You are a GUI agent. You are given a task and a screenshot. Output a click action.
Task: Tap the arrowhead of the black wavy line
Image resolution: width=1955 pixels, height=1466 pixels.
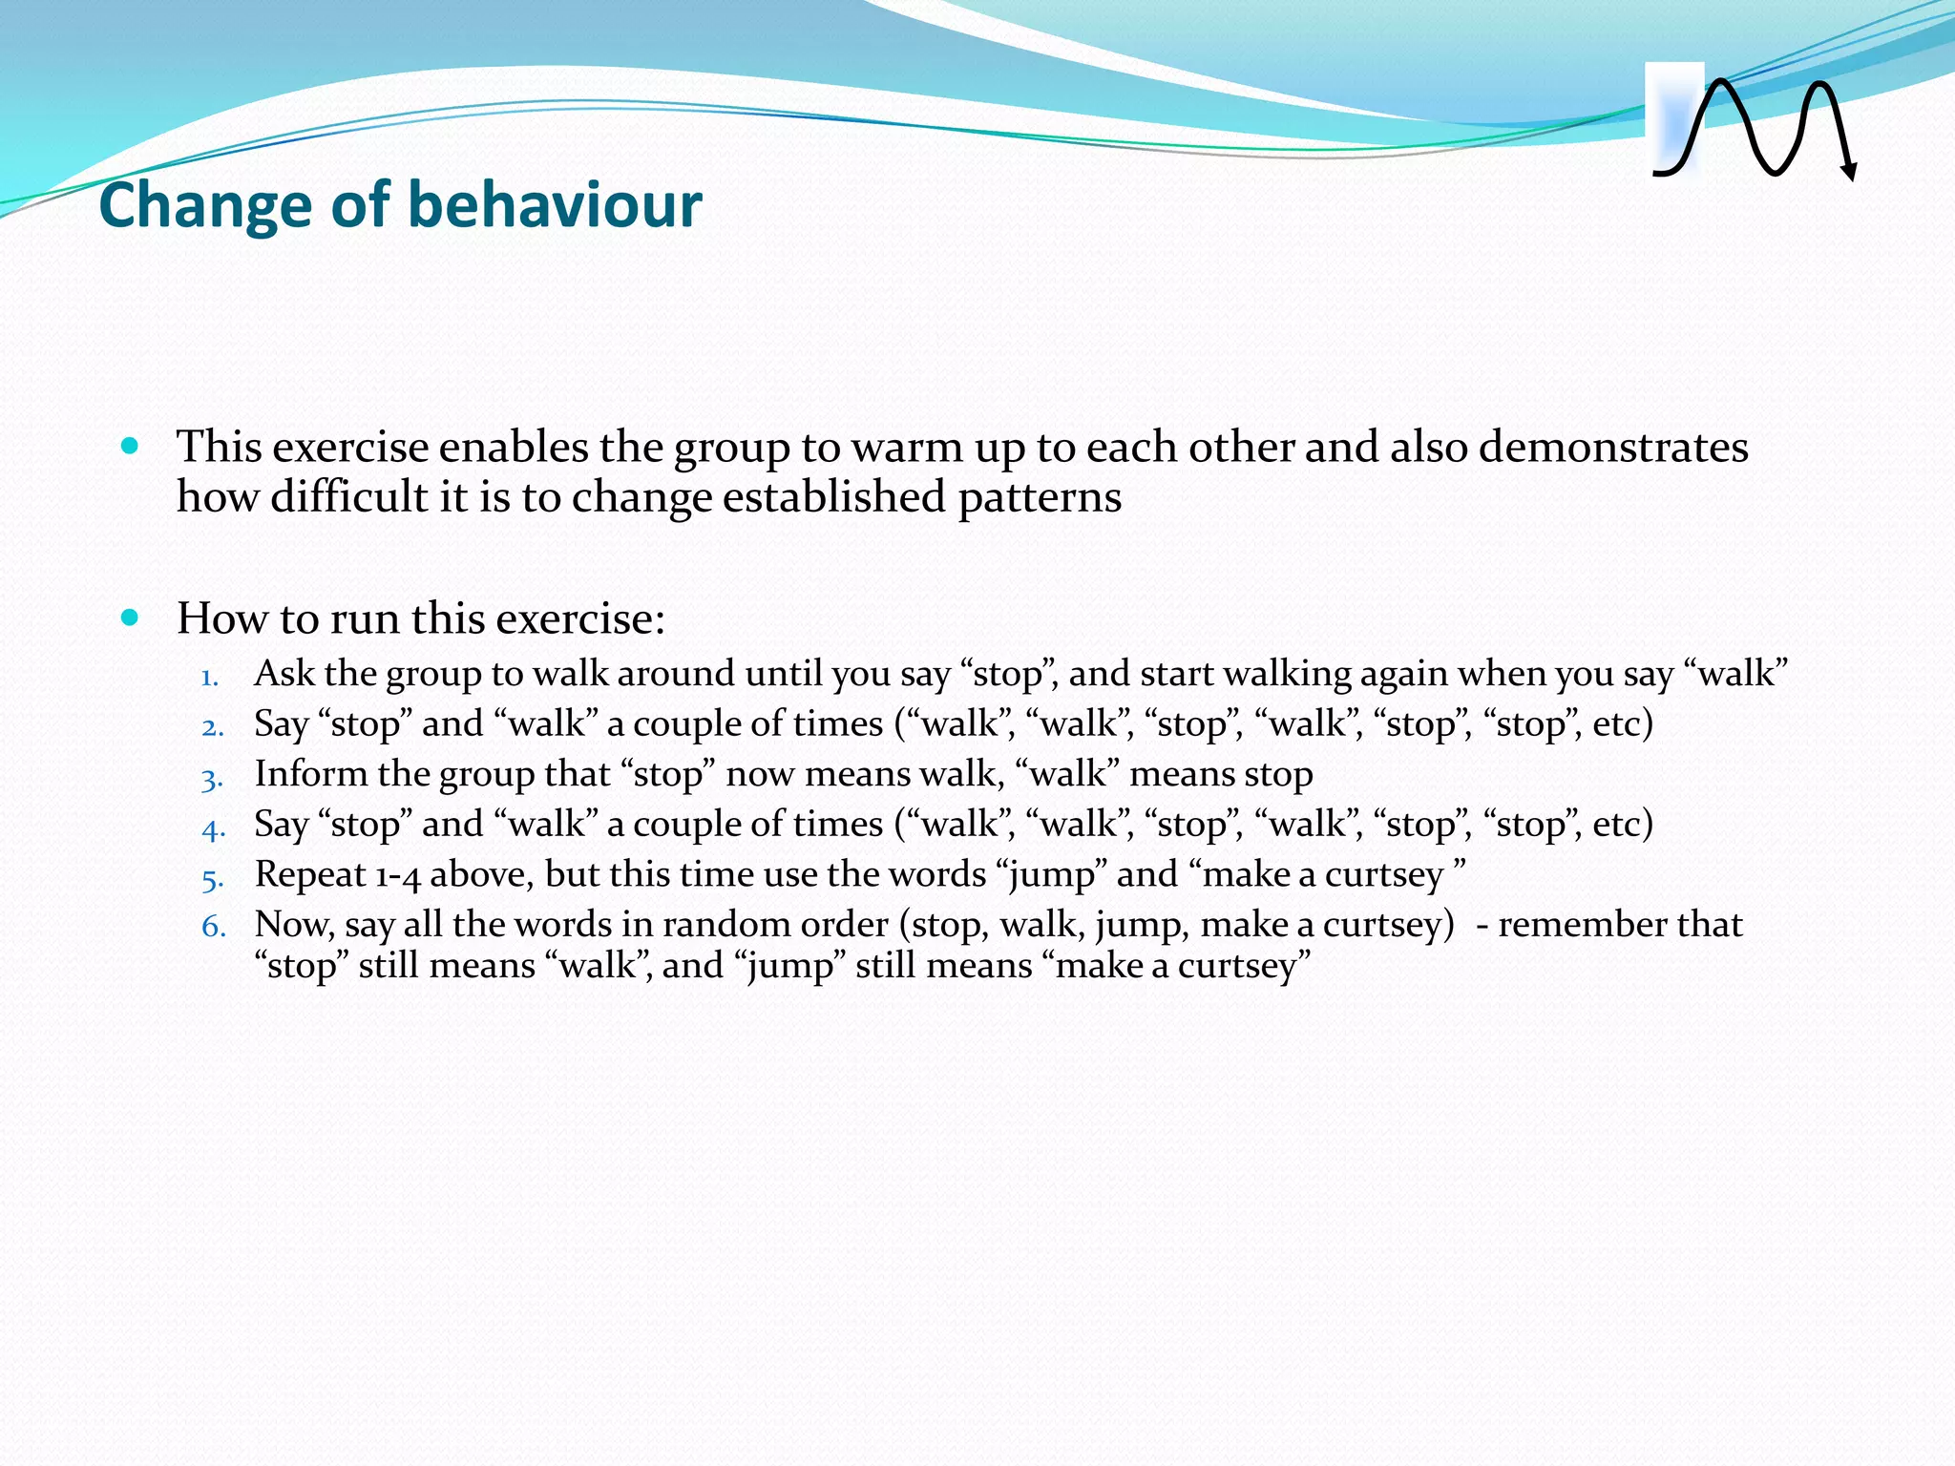(x=1849, y=172)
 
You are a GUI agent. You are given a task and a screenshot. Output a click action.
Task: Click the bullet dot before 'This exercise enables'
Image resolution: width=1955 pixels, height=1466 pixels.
(x=131, y=446)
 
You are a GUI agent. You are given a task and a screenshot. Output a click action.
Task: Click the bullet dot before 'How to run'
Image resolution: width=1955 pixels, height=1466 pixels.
(x=131, y=618)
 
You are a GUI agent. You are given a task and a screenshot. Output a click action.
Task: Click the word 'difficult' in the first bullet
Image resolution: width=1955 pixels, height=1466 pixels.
(x=349, y=497)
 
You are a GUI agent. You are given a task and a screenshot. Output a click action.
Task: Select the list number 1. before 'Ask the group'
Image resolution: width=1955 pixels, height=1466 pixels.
(x=210, y=678)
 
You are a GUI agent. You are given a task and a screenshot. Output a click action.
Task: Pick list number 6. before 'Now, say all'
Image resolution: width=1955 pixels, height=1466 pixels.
(x=213, y=927)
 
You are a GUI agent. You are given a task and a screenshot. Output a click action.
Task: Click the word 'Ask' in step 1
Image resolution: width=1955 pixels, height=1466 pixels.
(x=284, y=674)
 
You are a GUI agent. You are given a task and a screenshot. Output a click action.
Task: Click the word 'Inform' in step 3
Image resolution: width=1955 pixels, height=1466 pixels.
(x=310, y=774)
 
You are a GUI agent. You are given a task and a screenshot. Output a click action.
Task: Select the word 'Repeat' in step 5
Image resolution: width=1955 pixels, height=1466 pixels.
(x=311, y=875)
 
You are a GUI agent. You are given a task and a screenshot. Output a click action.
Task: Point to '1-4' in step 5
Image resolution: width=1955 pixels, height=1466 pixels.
(x=398, y=875)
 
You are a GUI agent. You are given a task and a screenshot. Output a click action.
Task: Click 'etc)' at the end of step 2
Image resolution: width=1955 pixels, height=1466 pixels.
(x=1622, y=724)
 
